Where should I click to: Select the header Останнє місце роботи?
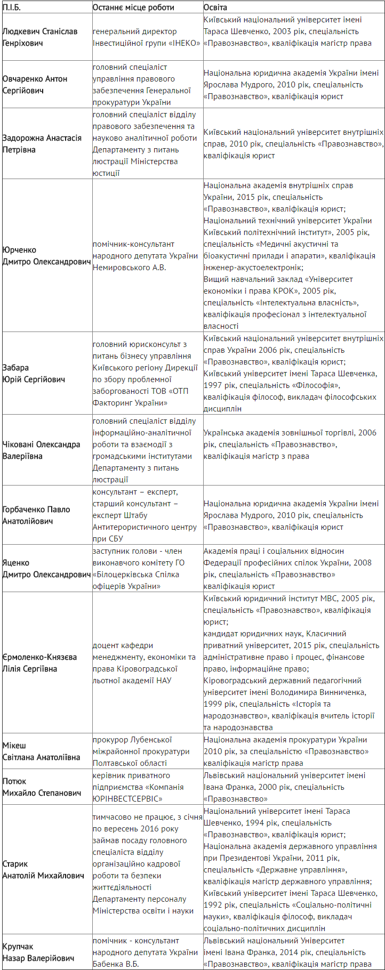pos(133,7)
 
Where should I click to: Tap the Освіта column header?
pos(215,7)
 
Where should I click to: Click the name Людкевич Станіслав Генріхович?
pos(40,37)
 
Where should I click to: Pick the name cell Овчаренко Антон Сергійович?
pos(35,85)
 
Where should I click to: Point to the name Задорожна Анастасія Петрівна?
pos(42,144)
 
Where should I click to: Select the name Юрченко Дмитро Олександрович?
pos(46,256)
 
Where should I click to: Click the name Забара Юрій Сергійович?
pos(34,374)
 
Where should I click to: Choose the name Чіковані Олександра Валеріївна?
pos(42,450)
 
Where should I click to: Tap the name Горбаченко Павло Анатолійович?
pos(36,515)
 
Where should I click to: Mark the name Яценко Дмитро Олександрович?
pos(46,569)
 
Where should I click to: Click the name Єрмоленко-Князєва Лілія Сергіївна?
pos(39,663)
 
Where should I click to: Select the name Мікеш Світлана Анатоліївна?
pos(41,751)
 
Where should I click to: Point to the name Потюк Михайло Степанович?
pos(42,787)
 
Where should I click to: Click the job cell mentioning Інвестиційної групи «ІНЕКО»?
pos(135,37)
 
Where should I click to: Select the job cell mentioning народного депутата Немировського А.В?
pos(145,256)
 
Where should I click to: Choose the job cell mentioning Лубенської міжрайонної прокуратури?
pos(141,751)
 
